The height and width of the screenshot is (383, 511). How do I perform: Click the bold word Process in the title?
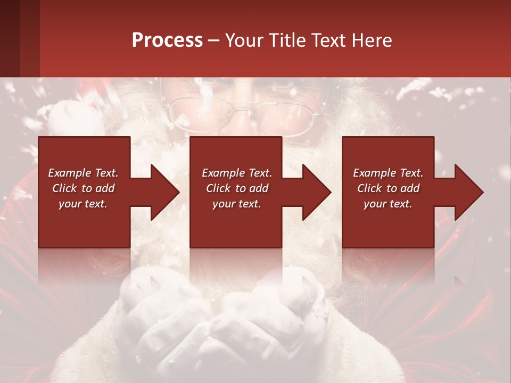(x=167, y=40)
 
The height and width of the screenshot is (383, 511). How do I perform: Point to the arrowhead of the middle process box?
(x=317, y=192)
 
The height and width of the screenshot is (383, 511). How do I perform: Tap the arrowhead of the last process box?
(x=469, y=192)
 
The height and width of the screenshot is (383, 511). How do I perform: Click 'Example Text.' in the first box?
(x=83, y=173)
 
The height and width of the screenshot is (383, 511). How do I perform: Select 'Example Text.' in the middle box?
(x=237, y=173)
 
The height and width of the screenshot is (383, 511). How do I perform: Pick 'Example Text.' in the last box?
(x=388, y=173)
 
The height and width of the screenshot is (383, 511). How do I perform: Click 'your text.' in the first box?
(x=83, y=204)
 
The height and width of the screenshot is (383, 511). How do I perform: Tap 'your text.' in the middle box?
(x=237, y=204)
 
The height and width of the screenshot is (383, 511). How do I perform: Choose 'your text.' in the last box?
(x=388, y=204)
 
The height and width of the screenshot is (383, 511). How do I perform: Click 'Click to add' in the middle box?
(x=237, y=188)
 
